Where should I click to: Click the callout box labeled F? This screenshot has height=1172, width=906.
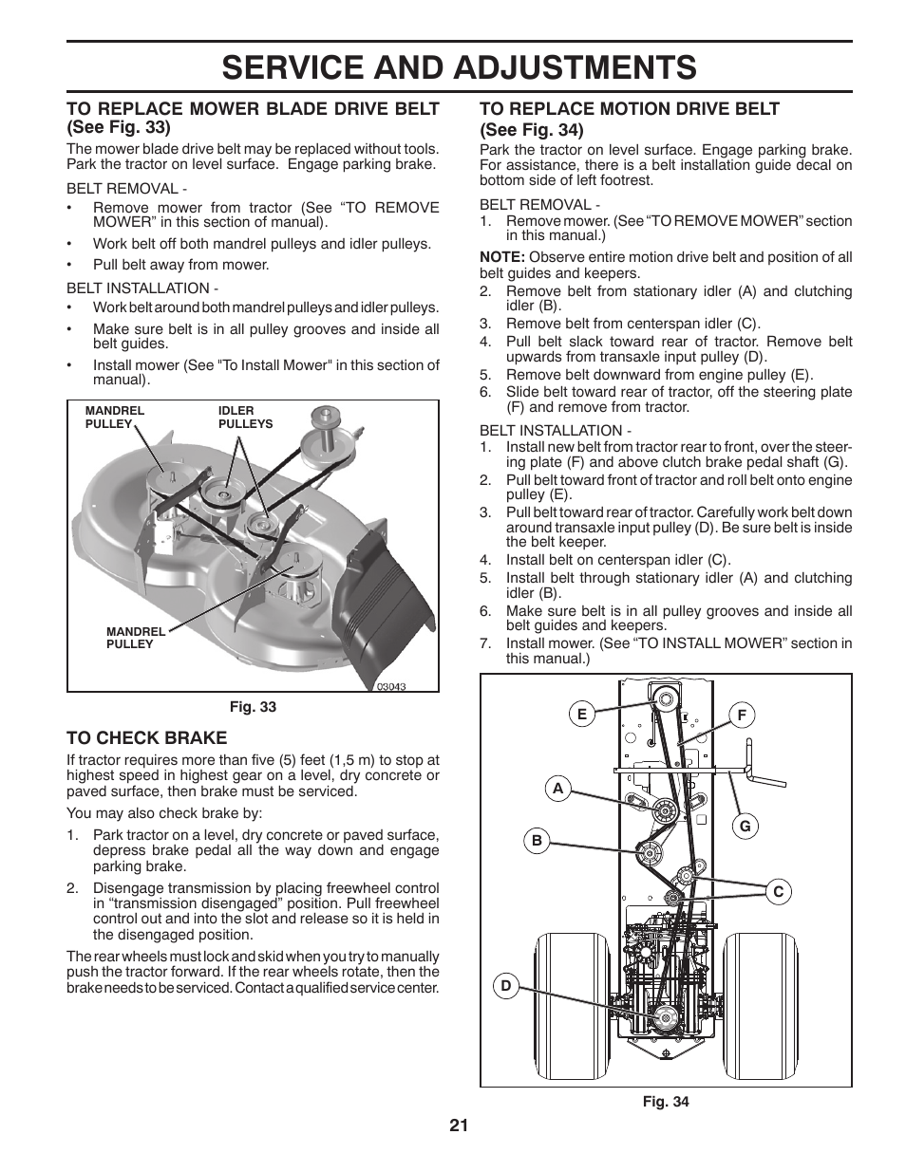tap(742, 715)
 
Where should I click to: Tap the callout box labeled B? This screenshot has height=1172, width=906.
tap(537, 840)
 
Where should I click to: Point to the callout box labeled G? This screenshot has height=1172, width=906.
tap(746, 827)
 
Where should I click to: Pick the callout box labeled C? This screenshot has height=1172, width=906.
tap(778, 891)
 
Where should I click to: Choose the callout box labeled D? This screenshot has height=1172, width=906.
tap(506, 986)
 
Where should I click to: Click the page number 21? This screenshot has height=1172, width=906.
tap(459, 1125)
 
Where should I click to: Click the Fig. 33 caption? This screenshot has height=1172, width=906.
tap(253, 707)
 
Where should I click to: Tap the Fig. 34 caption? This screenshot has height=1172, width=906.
tap(665, 1102)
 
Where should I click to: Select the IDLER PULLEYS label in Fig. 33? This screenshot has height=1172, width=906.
tap(245, 418)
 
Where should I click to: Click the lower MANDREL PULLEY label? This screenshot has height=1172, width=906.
tap(135, 638)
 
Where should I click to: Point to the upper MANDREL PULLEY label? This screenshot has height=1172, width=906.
tap(115, 418)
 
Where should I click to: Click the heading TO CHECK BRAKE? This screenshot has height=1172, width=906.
tap(146, 737)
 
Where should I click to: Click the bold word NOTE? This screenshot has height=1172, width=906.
tap(501, 257)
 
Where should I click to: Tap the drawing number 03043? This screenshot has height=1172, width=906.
tap(390, 686)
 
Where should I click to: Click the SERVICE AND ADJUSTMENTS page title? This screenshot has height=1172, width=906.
tap(459, 67)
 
